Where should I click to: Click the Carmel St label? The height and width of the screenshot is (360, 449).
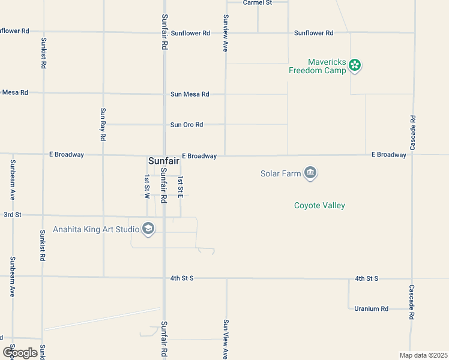[x=258, y=3]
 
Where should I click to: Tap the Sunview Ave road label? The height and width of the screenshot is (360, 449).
[x=226, y=33]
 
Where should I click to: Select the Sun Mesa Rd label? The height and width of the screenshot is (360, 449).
[x=190, y=94]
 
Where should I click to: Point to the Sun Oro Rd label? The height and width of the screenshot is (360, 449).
[x=187, y=125]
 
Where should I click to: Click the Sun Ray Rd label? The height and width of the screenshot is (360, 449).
[x=103, y=124]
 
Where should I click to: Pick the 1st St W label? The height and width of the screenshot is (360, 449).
[x=146, y=187]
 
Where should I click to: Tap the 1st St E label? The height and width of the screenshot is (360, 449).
[x=180, y=187]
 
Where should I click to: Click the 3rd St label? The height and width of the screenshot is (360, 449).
[x=13, y=214]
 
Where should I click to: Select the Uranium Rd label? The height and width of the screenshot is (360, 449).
[x=371, y=308]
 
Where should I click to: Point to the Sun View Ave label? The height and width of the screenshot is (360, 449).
[x=226, y=339]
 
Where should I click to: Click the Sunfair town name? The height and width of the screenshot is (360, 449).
[x=164, y=161]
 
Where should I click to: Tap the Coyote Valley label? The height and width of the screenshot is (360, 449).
[x=319, y=206]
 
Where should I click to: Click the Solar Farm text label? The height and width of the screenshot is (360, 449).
[x=280, y=174]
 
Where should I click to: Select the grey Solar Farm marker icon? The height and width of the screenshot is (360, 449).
[x=310, y=173]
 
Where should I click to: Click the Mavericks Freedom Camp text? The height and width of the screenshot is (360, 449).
[x=318, y=66]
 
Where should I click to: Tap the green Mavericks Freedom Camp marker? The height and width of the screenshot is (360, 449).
[x=355, y=65]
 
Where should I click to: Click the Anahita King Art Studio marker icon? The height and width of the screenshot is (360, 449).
[x=148, y=229]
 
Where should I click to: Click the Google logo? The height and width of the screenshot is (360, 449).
[x=20, y=353]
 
